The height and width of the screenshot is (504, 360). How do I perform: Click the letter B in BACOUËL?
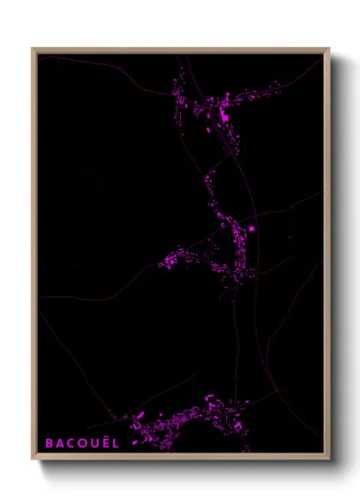tap(49, 443)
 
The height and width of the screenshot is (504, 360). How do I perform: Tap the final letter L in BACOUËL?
tap(117, 443)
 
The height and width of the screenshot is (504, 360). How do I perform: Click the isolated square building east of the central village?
tap(251, 228)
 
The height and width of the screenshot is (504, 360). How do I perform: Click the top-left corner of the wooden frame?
tap(33, 50)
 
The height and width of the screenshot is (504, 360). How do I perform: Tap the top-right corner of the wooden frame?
tap(329, 50)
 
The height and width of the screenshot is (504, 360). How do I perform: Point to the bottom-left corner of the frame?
tap(33, 460)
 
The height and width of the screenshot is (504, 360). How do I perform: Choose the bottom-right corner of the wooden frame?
tap(329, 460)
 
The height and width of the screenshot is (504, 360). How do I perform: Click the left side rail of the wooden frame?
tap(35, 257)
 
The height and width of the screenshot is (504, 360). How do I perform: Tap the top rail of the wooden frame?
tap(180, 51)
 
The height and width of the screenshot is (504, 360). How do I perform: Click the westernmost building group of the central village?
tap(170, 259)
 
